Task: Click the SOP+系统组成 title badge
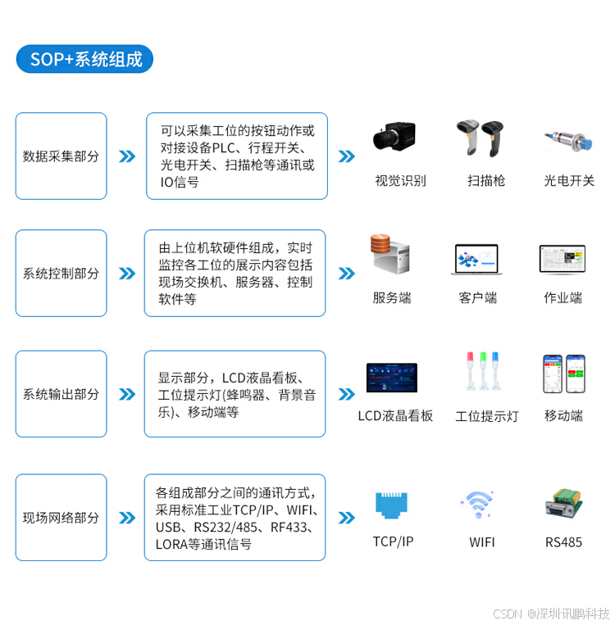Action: (x=84, y=59)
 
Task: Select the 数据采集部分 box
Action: (x=61, y=156)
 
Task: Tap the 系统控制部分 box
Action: (x=61, y=273)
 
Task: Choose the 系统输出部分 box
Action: (x=61, y=394)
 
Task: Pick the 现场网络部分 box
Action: (x=61, y=518)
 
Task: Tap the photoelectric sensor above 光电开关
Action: (x=567, y=138)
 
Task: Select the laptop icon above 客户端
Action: (x=477, y=260)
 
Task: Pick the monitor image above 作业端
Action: (x=563, y=259)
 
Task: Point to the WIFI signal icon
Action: (x=477, y=503)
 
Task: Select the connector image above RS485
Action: (x=563, y=504)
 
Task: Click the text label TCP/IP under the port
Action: (x=393, y=542)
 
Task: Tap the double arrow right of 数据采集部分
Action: (x=127, y=156)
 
